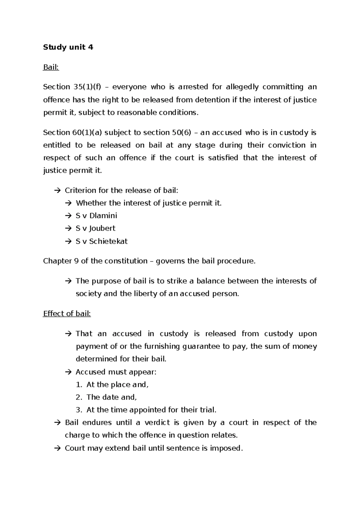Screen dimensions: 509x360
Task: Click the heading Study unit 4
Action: click(x=68, y=47)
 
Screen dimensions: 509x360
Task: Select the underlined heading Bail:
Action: click(x=51, y=67)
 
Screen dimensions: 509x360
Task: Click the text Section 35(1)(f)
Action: click(x=72, y=87)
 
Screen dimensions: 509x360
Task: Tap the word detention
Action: click(x=213, y=100)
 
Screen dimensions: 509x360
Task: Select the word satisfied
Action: click(x=221, y=158)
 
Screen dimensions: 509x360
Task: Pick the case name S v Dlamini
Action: click(x=96, y=215)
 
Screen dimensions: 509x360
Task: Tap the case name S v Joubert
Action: click(x=95, y=228)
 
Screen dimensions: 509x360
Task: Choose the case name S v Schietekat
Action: click(x=102, y=241)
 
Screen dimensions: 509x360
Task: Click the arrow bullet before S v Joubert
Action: click(x=68, y=228)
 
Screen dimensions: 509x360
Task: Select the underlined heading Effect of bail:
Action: click(x=67, y=314)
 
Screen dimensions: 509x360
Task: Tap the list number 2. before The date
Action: click(x=79, y=397)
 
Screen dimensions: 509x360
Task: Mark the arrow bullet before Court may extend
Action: click(x=57, y=448)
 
